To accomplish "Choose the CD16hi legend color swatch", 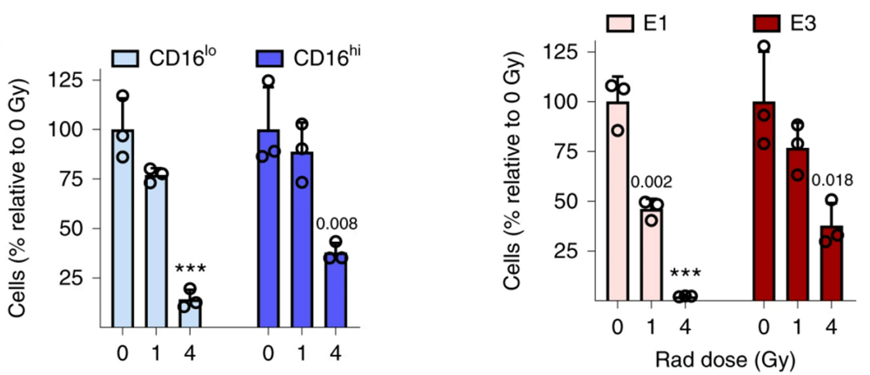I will (273, 59).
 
